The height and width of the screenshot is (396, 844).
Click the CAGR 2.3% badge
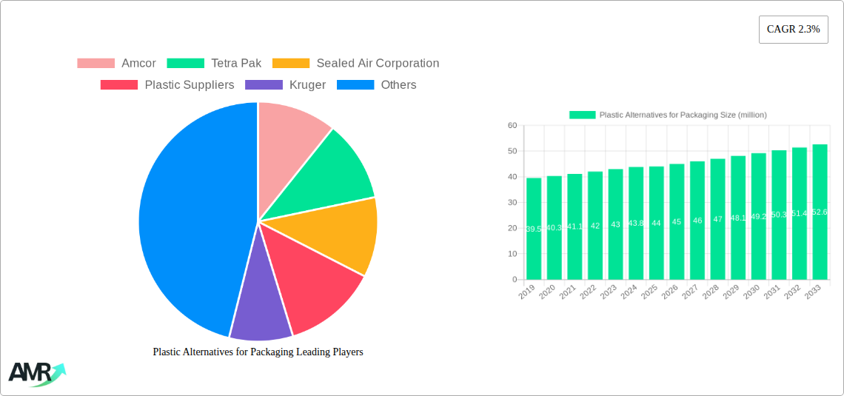[x=793, y=30]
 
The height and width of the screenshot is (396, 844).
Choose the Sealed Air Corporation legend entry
[x=355, y=64]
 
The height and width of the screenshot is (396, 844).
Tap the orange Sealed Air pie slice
[x=341, y=233]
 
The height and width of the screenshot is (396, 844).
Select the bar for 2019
[x=534, y=229]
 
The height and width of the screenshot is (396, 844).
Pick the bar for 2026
[x=677, y=221]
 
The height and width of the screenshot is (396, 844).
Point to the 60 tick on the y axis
[x=512, y=126]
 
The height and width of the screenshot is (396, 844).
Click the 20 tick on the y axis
[x=512, y=228]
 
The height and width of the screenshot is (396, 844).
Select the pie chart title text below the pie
[x=258, y=352]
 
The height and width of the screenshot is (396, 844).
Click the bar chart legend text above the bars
[x=683, y=115]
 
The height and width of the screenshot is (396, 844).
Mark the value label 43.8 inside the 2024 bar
[x=636, y=224]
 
